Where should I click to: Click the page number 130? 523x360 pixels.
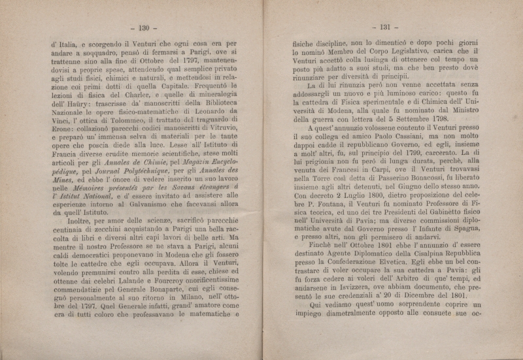[141, 27]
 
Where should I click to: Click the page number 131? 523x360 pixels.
[380, 27]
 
